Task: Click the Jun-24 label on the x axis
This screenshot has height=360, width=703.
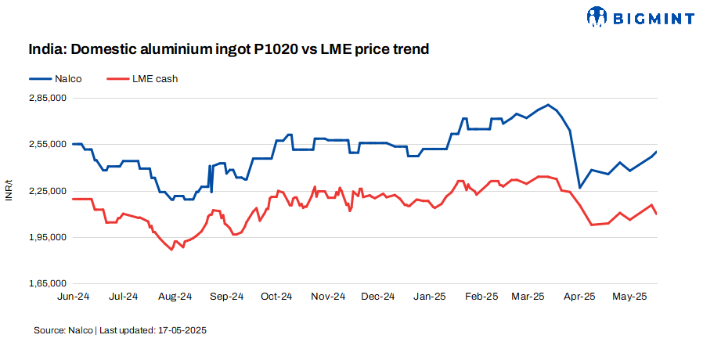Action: pos(72,297)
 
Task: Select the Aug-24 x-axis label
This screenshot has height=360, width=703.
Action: pos(175,297)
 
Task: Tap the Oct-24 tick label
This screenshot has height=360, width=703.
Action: pos(276,297)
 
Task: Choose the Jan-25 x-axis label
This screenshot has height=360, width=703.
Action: pos(430,297)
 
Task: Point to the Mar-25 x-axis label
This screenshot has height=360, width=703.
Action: pos(528,297)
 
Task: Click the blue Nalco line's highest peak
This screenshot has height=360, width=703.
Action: pos(549,105)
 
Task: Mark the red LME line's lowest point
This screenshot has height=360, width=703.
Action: pos(171,250)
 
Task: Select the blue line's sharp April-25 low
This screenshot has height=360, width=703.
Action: pos(579,188)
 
